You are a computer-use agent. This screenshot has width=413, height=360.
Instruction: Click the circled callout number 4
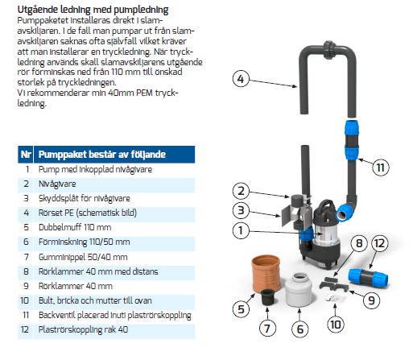[x=241, y=79]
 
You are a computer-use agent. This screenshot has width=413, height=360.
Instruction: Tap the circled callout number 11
[x=380, y=168]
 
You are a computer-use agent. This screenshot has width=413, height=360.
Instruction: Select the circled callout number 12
[x=379, y=243]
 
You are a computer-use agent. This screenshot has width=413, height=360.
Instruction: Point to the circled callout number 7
[x=267, y=328]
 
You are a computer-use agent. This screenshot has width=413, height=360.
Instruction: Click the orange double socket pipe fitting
[x=266, y=273]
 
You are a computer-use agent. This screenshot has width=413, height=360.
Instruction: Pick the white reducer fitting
[x=299, y=289]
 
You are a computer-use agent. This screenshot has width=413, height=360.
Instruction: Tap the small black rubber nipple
[x=267, y=297]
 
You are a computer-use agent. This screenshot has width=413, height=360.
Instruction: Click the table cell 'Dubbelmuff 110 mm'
[x=75, y=227]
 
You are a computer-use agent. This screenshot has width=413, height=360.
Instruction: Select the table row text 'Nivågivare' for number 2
[x=57, y=184]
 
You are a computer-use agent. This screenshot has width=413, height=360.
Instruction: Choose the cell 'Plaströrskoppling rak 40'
[x=83, y=329]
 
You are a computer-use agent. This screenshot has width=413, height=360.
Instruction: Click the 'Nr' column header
[x=26, y=155]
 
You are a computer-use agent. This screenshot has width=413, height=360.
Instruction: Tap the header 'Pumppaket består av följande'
[x=102, y=155]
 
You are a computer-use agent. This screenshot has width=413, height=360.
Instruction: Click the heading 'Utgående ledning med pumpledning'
[x=93, y=10]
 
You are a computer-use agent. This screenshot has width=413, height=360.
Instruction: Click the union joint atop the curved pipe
[x=328, y=50]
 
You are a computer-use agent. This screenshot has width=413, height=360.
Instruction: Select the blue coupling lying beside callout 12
[x=368, y=278]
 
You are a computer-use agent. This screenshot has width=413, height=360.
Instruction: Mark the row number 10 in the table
[x=25, y=300]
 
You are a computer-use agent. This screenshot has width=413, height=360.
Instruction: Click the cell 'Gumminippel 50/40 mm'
[x=83, y=257]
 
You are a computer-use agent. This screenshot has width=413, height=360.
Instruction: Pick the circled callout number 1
[x=241, y=230]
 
